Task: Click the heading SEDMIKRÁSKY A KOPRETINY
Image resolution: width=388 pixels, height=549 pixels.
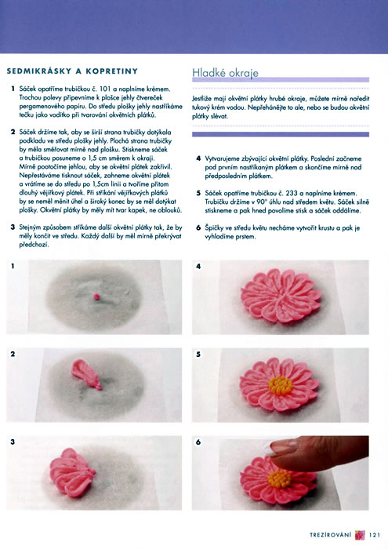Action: (x=72, y=71)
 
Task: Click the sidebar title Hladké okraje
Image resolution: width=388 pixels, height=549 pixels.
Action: (x=225, y=73)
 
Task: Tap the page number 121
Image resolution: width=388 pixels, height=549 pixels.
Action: (x=375, y=535)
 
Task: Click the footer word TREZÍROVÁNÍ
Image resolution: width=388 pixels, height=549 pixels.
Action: (x=330, y=535)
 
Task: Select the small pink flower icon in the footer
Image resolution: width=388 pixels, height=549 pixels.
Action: (x=360, y=535)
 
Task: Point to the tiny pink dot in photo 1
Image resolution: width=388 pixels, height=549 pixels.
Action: (x=96, y=297)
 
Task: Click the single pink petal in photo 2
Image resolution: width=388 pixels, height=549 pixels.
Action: (x=86, y=374)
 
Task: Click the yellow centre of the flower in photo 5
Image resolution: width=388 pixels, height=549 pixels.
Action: (x=281, y=386)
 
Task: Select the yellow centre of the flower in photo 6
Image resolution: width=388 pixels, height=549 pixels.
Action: (x=280, y=478)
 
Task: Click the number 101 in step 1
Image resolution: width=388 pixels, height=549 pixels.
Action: (x=106, y=89)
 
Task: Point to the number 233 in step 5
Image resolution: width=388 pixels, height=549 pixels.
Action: (x=292, y=193)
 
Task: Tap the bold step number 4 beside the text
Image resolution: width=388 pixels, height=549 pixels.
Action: (x=198, y=158)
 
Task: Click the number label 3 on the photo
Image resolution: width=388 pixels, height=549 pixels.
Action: (x=13, y=442)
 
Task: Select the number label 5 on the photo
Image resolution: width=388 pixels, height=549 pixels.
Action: (x=198, y=354)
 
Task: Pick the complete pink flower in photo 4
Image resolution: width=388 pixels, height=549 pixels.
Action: (x=281, y=296)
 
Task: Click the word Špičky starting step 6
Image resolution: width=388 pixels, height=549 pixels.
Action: (x=213, y=228)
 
